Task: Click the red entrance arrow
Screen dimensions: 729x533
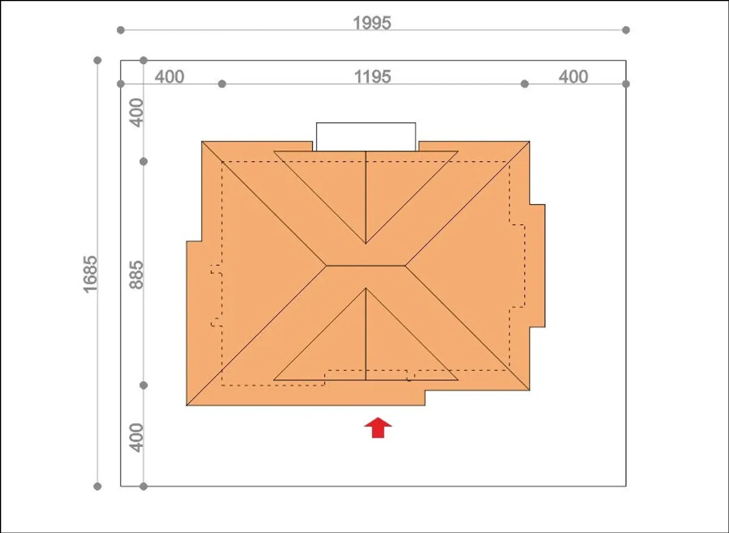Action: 378,428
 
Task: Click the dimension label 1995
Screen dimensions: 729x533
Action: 372,23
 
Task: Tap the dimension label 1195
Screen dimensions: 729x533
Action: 372,77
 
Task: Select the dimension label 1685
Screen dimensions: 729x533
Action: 90,274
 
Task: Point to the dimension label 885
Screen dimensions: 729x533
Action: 136,275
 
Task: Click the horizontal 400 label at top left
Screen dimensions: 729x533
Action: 169,77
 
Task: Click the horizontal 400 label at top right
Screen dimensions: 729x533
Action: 574,77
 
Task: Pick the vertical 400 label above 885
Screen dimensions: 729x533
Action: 136,113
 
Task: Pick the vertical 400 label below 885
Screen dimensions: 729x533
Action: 136,438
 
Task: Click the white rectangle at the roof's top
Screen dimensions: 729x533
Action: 366,137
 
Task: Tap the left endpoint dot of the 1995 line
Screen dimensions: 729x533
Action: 120,30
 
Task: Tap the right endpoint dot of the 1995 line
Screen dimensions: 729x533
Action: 626,30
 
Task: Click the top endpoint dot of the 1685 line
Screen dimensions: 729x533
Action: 97,60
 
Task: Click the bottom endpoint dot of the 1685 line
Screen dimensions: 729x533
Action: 97,486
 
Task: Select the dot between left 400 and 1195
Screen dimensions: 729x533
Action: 222,84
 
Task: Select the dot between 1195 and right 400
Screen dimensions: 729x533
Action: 525,84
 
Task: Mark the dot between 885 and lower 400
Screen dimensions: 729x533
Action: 144,386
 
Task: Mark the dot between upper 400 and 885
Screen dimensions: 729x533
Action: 144,162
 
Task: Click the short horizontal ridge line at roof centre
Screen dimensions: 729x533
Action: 366,266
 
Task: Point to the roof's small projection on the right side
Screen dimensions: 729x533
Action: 537,266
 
